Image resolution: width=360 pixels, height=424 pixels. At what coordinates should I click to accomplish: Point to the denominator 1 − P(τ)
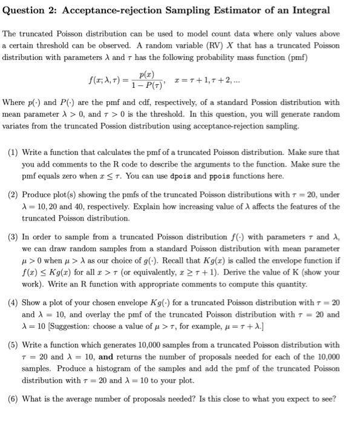tap(146, 85)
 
